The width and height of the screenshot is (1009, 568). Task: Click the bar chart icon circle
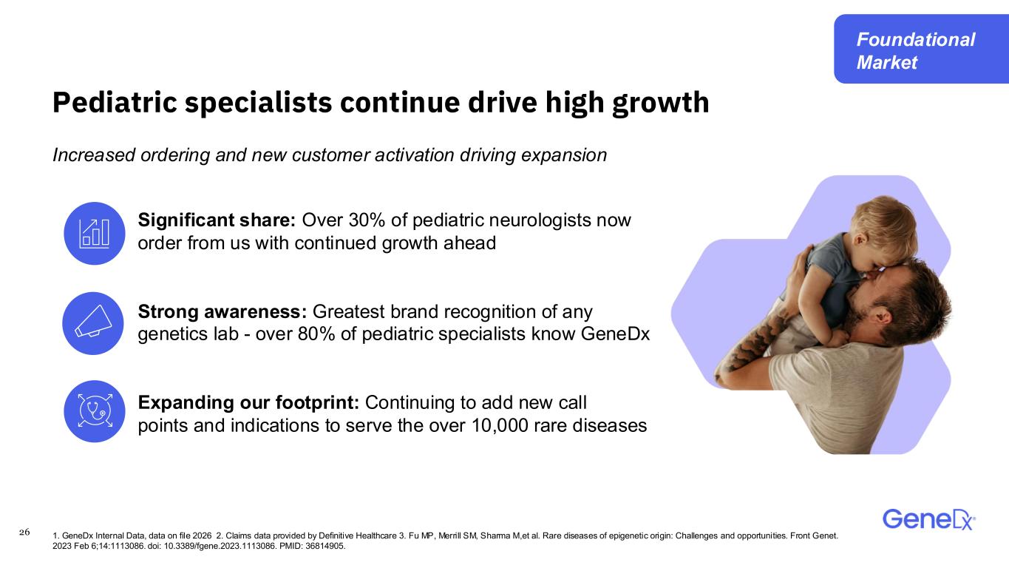tap(95, 233)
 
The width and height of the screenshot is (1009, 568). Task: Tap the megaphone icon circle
tap(93, 323)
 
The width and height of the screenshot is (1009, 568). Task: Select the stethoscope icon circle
tap(95, 411)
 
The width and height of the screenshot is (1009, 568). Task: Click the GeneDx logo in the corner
tap(929, 519)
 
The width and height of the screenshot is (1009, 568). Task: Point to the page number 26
tap(24, 532)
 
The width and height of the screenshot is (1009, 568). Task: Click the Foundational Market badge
tap(921, 49)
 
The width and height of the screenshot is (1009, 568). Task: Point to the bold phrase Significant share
tap(217, 220)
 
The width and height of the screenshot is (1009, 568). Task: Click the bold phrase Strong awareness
tap(222, 311)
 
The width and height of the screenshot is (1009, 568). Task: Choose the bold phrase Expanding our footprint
tap(248, 403)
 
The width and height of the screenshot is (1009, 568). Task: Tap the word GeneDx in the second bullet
tap(615, 334)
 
